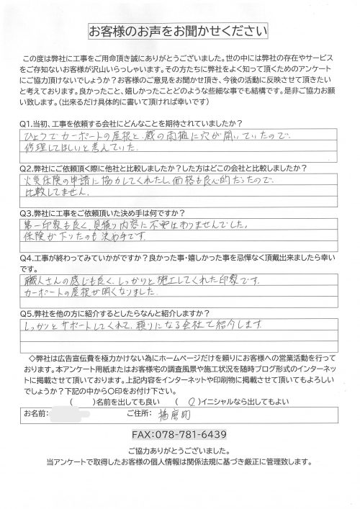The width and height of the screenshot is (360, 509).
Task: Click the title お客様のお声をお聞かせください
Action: tap(178, 31)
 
